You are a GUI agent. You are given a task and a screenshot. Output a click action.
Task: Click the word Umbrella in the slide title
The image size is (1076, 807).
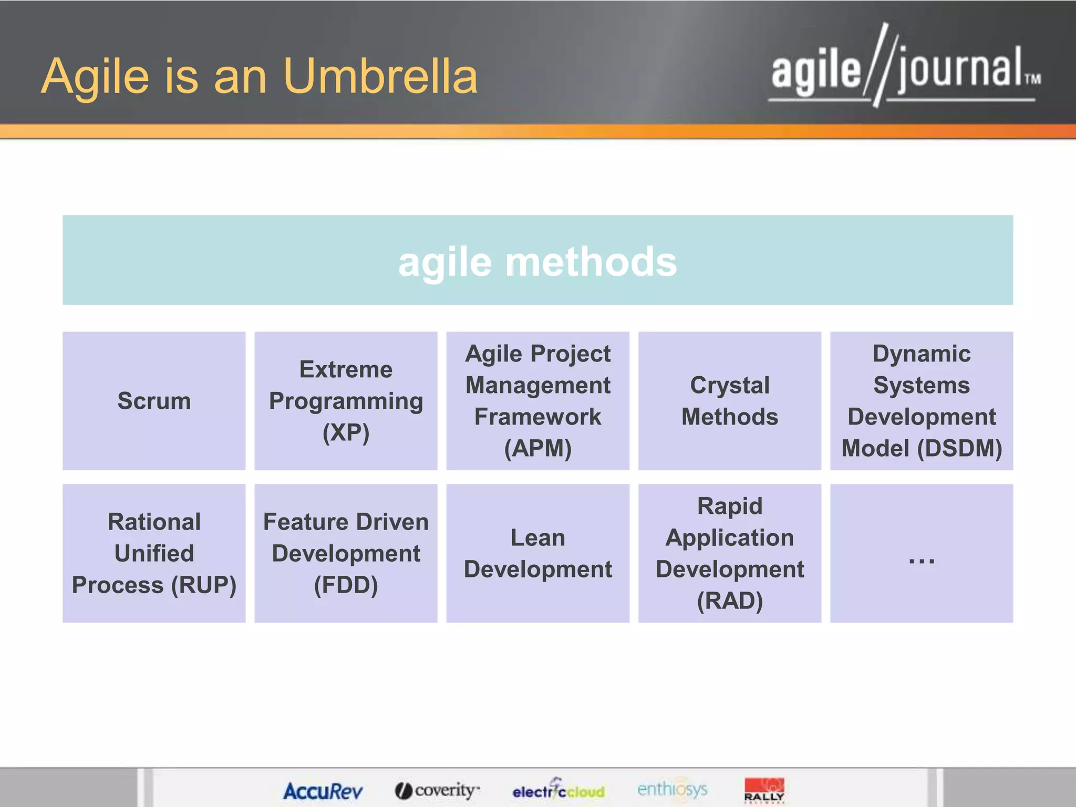click(380, 77)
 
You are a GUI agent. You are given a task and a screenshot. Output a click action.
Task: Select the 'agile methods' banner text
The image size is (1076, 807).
click(537, 262)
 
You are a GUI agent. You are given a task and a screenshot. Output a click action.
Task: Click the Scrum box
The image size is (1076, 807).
click(154, 401)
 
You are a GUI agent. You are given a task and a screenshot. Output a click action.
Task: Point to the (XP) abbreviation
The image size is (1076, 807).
click(346, 432)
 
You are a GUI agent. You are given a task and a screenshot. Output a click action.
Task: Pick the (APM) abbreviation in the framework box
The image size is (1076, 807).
click(537, 448)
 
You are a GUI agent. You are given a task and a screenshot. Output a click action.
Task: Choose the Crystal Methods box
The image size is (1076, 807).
click(729, 401)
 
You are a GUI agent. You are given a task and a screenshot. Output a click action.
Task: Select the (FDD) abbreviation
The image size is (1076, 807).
click(346, 585)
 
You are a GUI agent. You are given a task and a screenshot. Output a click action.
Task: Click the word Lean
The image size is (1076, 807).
click(537, 537)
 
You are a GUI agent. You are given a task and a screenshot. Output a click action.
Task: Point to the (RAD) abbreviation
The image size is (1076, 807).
click(729, 601)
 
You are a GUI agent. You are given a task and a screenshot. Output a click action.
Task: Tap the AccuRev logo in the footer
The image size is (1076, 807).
click(323, 791)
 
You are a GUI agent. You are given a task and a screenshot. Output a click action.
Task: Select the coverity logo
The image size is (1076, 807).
click(437, 790)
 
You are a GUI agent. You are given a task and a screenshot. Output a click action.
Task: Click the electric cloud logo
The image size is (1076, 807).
click(558, 790)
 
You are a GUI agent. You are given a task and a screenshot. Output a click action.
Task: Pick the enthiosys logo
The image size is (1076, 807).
click(672, 789)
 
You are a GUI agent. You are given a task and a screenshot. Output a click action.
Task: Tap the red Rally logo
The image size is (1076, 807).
click(764, 790)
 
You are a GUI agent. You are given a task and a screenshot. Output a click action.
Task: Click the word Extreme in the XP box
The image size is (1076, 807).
click(346, 369)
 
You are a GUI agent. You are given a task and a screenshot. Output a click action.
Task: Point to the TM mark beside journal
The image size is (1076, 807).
click(1032, 79)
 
